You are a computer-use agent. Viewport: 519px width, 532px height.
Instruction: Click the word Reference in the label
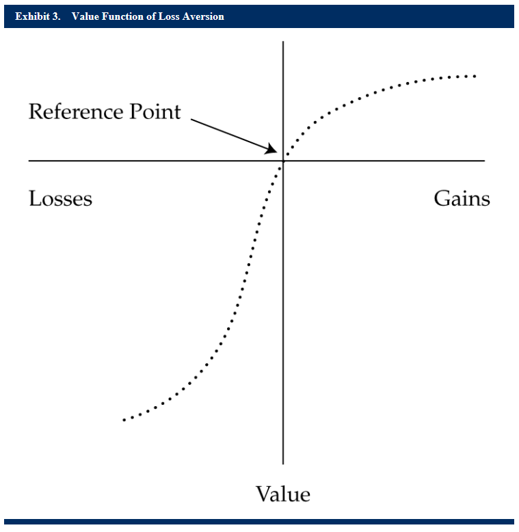click(77, 111)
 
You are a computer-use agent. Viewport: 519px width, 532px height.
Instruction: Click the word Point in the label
click(155, 111)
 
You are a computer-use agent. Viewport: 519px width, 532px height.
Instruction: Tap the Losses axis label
click(60, 198)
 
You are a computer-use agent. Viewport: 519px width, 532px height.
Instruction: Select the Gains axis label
click(462, 198)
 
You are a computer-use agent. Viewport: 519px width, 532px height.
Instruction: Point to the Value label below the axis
click(283, 494)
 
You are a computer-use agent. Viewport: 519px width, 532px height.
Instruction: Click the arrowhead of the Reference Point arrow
click(272, 149)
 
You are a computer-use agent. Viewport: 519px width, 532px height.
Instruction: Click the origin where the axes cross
click(283, 161)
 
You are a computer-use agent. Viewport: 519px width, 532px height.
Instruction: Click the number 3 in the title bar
click(56, 16)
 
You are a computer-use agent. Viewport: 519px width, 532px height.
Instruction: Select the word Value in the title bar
click(85, 16)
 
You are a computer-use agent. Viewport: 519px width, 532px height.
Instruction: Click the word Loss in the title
click(169, 16)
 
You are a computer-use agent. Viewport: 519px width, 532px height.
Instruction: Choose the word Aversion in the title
click(203, 16)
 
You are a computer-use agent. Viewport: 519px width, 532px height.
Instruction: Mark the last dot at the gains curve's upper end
click(475, 77)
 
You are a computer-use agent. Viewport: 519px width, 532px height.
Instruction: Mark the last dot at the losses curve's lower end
click(124, 420)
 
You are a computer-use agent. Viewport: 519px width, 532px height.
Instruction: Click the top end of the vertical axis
click(283, 42)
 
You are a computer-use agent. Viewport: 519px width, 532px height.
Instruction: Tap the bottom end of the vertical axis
click(283, 464)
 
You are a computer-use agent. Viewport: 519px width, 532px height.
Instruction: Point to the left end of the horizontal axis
click(29, 161)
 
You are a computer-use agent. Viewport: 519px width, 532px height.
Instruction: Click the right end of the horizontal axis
click(485, 161)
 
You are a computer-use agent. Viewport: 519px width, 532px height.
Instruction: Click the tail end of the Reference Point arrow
click(191, 119)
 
